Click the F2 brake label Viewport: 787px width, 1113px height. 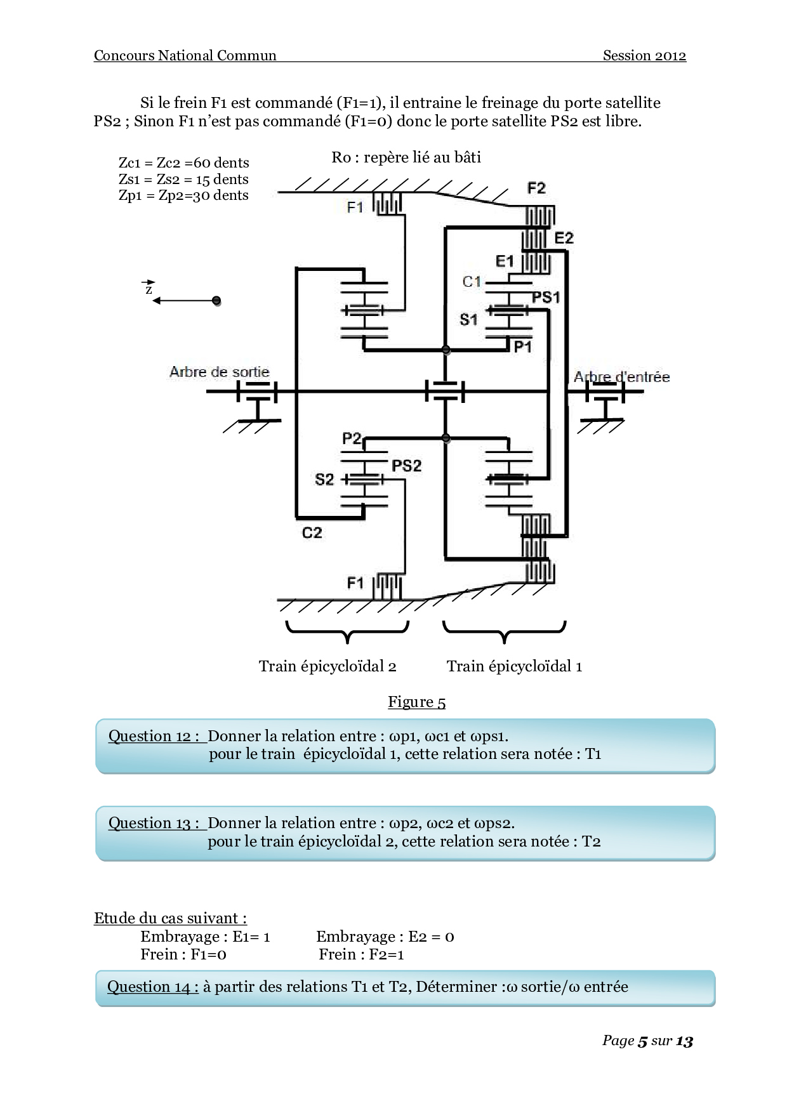coord(536,188)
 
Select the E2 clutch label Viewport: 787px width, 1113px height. coord(564,238)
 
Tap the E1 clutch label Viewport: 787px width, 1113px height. coord(505,261)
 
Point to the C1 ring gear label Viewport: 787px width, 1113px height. coord(472,282)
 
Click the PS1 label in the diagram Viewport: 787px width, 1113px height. coord(546,297)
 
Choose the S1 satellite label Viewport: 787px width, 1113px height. coord(468,319)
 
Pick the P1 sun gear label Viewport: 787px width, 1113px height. coord(522,346)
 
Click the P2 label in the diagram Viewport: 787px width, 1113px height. coord(352,438)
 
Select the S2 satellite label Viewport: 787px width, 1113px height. coord(324,479)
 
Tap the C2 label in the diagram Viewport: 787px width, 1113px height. coord(312,532)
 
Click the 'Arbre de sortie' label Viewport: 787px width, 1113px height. coord(220,372)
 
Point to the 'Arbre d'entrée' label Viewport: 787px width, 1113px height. coord(621,377)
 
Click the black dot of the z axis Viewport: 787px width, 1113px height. coord(216,300)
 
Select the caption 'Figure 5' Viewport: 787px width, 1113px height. coord(416,702)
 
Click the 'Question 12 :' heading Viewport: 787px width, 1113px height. coord(156,736)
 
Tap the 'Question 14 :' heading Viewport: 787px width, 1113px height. coord(153,987)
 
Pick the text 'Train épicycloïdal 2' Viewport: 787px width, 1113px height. coord(327,666)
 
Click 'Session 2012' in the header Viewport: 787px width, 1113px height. coord(644,55)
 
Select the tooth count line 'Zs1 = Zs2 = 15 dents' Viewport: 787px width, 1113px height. coord(183,180)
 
